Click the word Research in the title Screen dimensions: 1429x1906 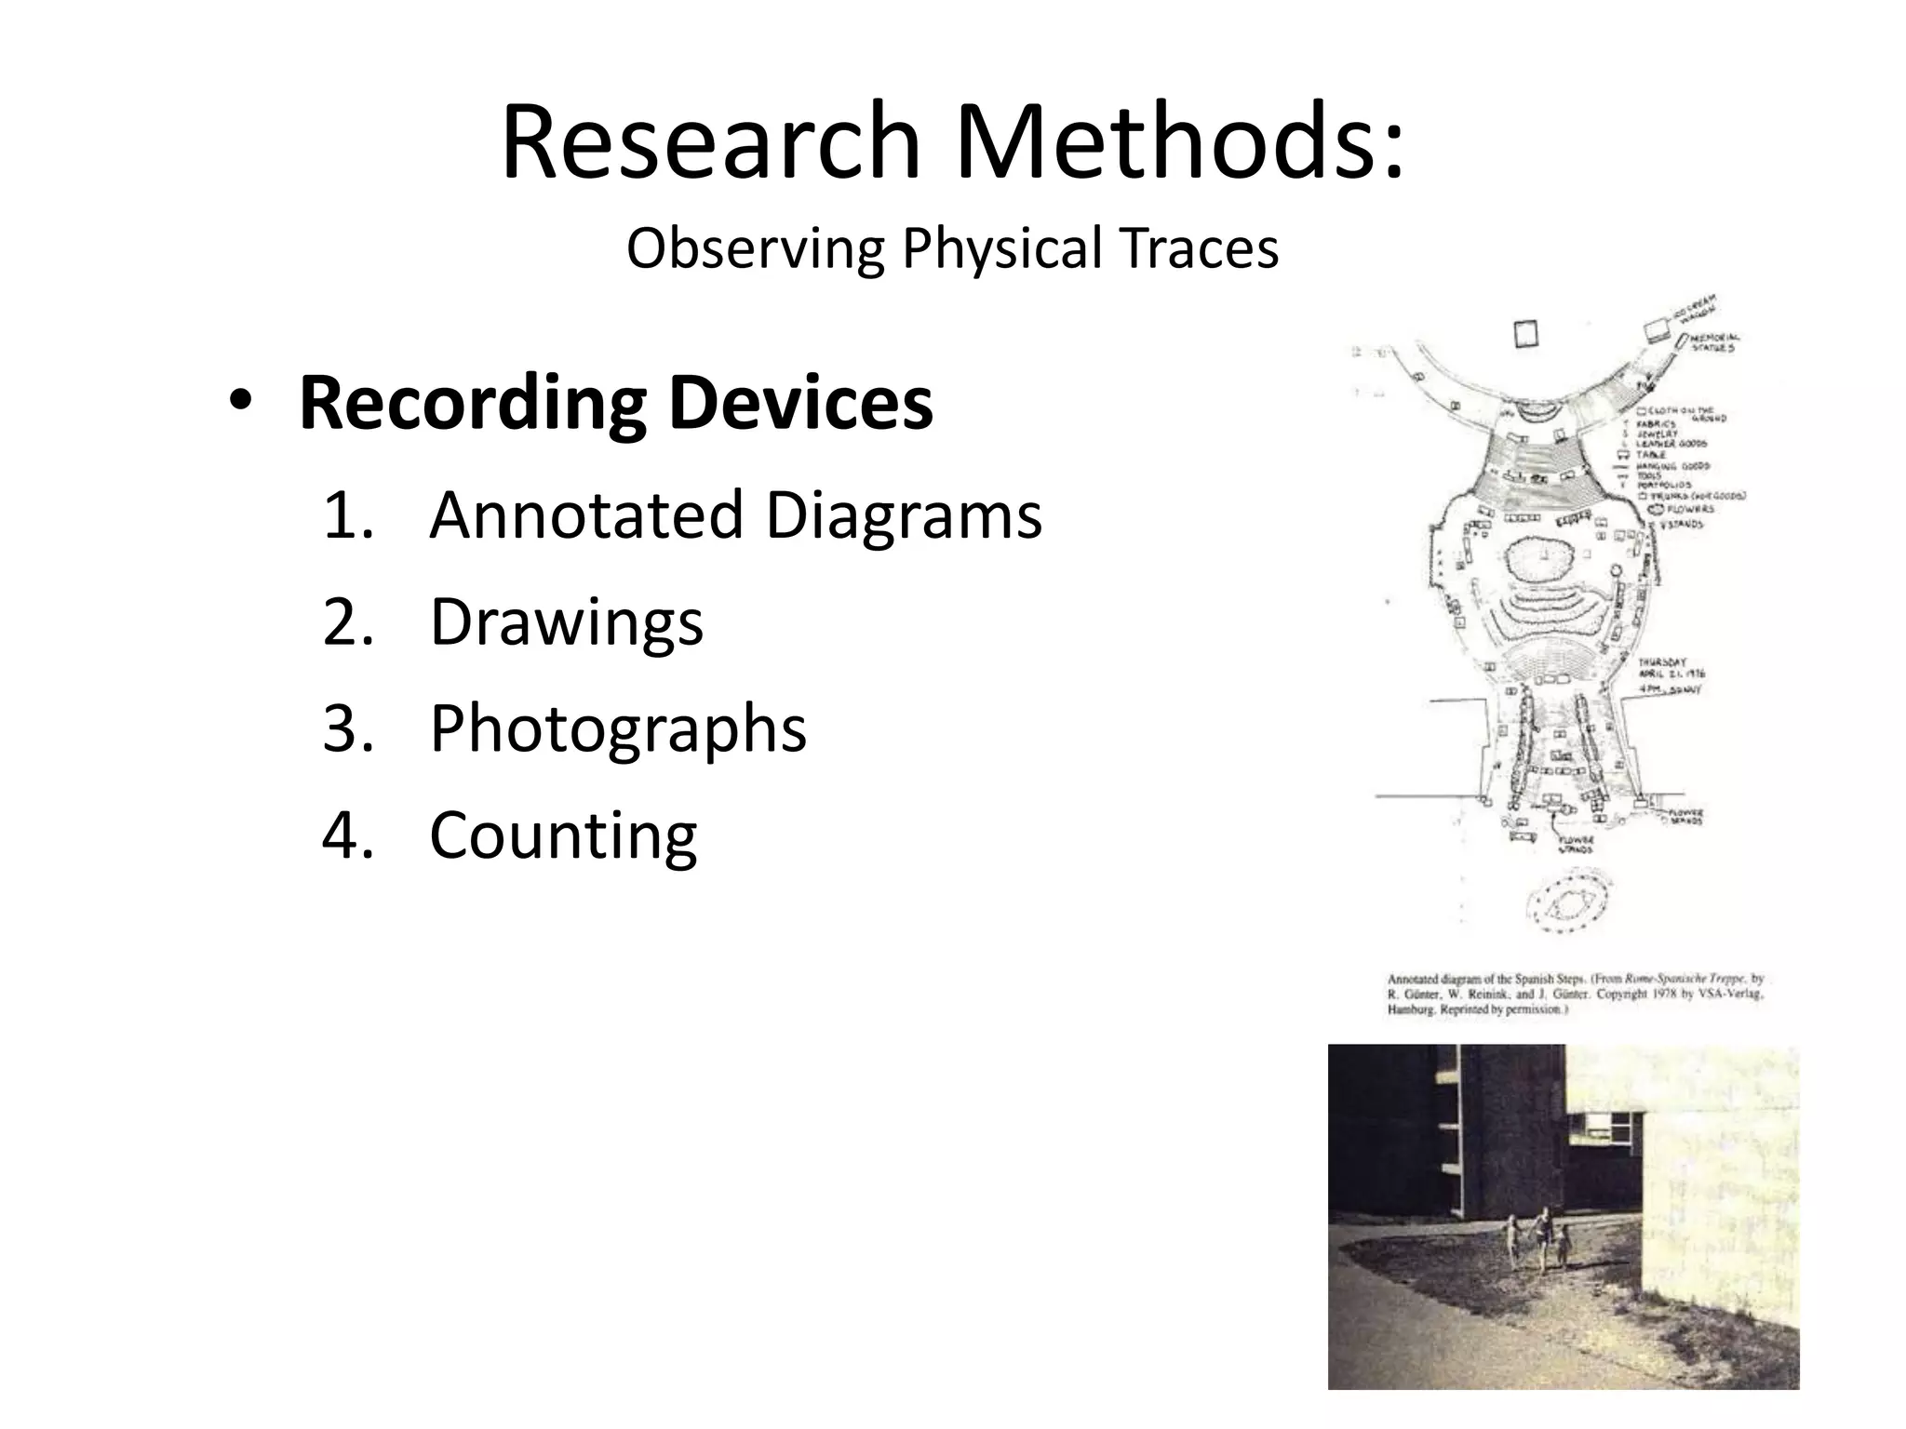click(710, 142)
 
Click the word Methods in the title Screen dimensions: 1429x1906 click(1179, 142)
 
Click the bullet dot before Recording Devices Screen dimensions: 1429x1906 click(239, 403)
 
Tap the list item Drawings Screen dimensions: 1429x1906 click(566, 622)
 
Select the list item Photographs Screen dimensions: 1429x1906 click(617, 729)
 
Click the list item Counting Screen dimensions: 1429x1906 click(562, 835)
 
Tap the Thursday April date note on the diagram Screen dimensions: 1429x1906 click(1671, 674)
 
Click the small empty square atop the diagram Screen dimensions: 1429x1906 click(1525, 334)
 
